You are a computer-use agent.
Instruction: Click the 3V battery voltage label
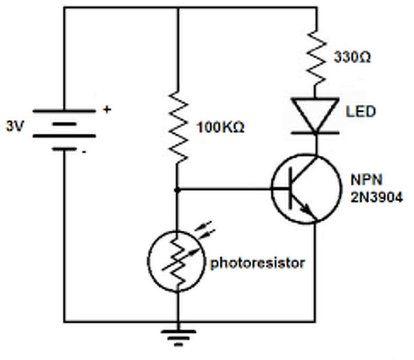tap(15, 126)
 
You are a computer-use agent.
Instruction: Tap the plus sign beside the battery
tap(107, 109)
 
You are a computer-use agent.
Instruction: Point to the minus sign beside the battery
tap(84, 152)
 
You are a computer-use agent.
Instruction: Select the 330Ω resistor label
tap(352, 57)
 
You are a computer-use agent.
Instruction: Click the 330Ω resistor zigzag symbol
tap(316, 57)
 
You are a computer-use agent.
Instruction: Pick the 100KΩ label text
tap(221, 127)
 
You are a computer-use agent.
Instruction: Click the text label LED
tap(360, 111)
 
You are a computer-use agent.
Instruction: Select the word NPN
tap(366, 180)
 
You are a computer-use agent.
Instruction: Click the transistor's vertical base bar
tap(291, 188)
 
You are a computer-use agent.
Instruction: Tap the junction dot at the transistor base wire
tap(177, 190)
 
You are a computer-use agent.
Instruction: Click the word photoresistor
tap(258, 263)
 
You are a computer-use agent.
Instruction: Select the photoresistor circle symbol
tap(176, 261)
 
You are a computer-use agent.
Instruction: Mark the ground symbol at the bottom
tap(178, 338)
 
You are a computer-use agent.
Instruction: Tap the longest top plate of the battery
tap(64, 111)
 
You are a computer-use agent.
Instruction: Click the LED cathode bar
tap(315, 133)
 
